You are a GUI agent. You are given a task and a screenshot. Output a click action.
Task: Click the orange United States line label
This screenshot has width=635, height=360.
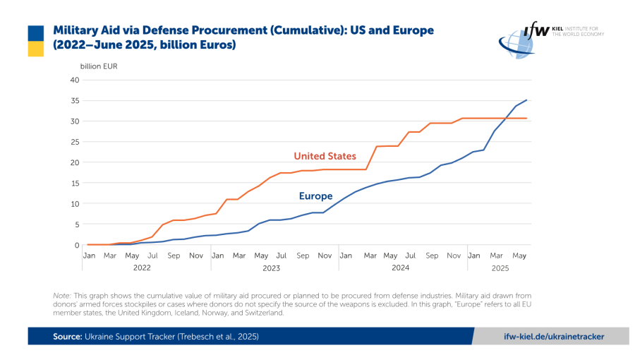point(325,156)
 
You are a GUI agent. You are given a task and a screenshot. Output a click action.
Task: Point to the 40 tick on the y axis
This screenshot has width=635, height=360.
point(74,80)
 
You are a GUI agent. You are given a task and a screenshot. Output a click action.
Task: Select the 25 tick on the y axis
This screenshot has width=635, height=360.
point(74,142)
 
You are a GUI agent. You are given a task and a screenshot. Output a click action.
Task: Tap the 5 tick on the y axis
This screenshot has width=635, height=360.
point(76,224)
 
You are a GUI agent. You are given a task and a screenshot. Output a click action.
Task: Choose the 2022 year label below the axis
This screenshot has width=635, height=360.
point(142,268)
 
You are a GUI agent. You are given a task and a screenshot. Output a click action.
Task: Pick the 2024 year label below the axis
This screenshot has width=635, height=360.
point(401,268)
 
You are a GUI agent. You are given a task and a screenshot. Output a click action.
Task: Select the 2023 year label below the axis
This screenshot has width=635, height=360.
point(271,268)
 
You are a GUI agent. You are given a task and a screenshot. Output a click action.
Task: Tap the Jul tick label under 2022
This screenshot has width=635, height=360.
point(152,255)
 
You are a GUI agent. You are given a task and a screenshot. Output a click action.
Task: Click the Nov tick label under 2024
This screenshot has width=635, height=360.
point(453,255)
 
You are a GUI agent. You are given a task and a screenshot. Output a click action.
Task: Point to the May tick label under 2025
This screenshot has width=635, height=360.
point(518,255)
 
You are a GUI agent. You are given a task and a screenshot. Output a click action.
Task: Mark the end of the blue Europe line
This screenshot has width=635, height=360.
point(526,100)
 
